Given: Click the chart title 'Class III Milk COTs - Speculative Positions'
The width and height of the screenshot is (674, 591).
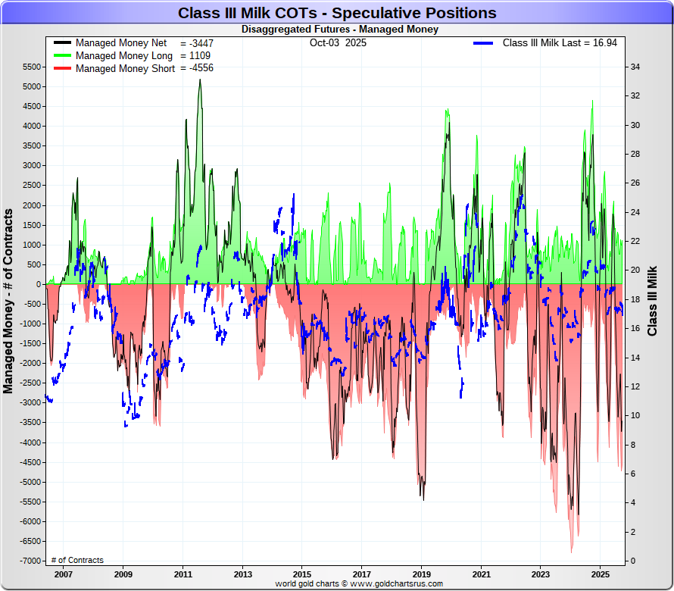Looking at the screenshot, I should pos(337,13).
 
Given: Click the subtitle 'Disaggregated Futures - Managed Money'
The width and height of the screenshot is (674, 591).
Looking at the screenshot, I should pos(339,30).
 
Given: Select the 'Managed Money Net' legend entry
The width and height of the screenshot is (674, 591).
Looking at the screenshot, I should pos(121,43).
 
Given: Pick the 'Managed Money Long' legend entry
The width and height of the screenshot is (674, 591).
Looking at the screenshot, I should pos(124,56).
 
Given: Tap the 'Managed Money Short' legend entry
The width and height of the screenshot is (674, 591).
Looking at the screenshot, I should pos(125,68).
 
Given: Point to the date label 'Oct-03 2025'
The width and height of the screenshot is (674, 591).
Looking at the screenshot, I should pos(338,43).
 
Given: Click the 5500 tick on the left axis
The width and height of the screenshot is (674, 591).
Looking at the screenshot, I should pos(31,67).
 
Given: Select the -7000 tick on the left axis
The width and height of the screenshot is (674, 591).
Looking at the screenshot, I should pos(30,561).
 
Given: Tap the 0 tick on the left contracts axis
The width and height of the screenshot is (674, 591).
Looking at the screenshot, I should pos(39,284).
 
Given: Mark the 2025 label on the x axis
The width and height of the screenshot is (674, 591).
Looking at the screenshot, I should pos(600,574).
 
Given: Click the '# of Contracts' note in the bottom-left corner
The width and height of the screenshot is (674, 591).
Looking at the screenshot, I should pos(77,560).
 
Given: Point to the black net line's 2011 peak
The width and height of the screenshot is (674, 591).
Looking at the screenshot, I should pos(200,80).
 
